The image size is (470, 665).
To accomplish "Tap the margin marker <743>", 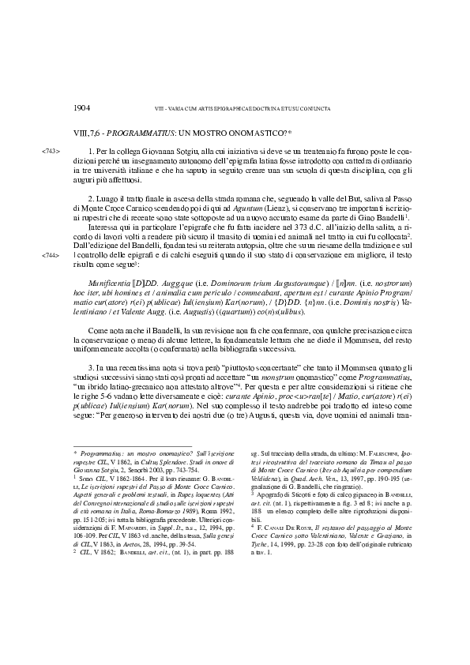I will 49,150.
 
